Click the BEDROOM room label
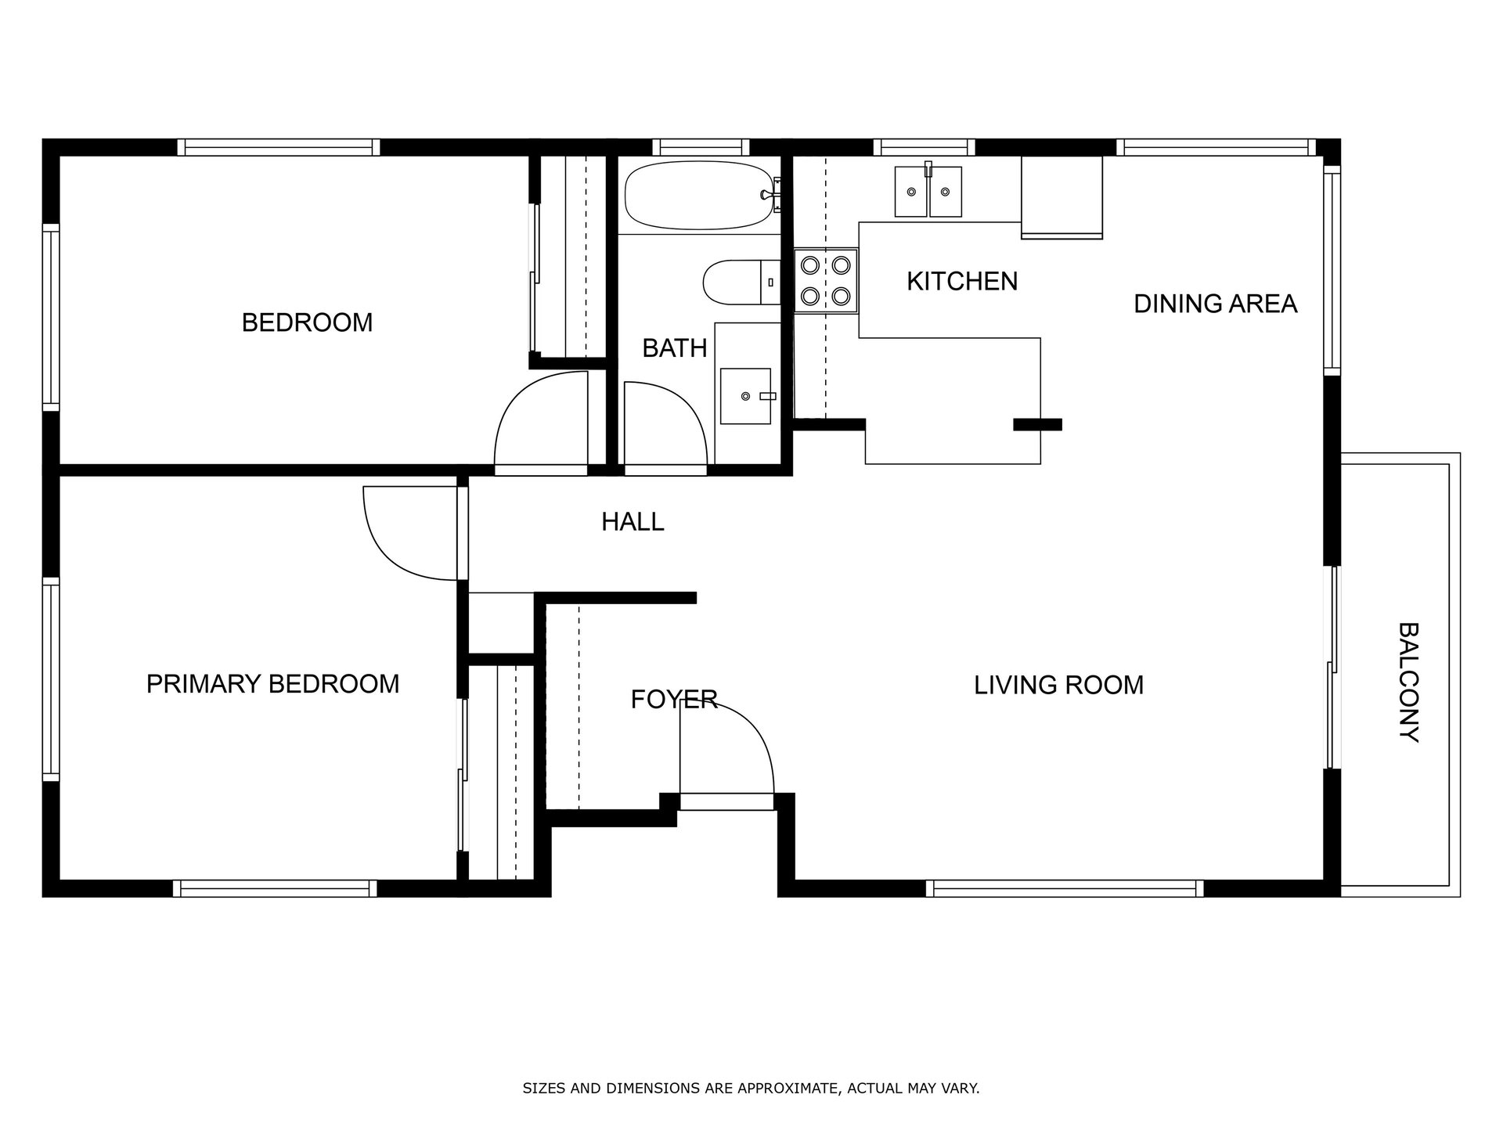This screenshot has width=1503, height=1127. (307, 322)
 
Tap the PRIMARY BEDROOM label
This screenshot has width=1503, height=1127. (272, 684)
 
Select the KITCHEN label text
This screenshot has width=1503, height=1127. (962, 282)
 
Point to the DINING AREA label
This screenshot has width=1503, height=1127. (1215, 304)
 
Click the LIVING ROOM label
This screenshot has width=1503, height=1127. (1058, 686)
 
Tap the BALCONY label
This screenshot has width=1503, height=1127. (1408, 682)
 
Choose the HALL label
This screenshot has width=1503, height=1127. (633, 522)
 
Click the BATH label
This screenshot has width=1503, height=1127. (674, 348)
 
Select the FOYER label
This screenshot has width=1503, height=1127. (674, 700)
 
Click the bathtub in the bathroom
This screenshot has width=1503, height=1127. (699, 196)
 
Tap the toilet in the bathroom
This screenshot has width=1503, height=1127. (741, 283)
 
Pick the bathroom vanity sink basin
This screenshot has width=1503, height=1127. (745, 396)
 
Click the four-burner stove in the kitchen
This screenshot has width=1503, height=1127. (826, 281)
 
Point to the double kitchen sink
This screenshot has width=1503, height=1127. (928, 191)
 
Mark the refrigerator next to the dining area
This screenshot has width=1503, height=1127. (1061, 197)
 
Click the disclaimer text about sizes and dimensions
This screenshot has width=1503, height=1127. (751, 1088)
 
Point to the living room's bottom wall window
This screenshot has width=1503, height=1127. (1065, 888)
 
